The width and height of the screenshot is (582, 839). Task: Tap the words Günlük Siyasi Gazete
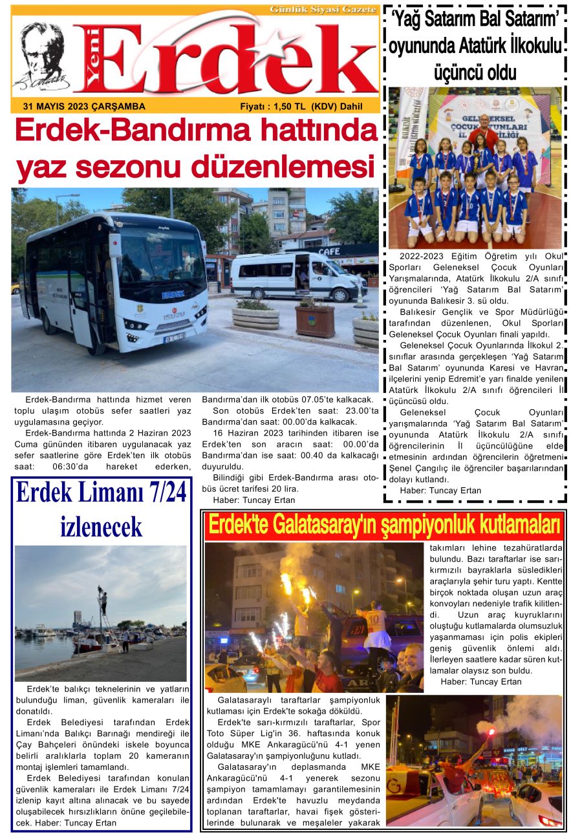[323, 10]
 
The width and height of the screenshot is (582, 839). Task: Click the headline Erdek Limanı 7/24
[101, 493]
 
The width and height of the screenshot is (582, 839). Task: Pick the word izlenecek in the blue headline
[101, 527]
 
